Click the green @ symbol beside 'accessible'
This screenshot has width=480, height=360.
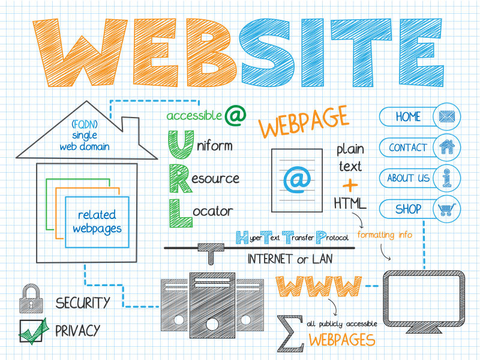pyautogui.click(x=235, y=115)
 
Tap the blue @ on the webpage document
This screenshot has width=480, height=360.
pyautogui.click(x=297, y=180)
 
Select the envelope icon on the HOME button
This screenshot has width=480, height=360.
pyautogui.click(x=447, y=116)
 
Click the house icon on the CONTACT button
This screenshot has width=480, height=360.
pyautogui.click(x=447, y=146)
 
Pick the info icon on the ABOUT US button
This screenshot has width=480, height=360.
pyautogui.click(x=447, y=178)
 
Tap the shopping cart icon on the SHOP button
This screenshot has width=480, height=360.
pyautogui.click(x=447, y=209)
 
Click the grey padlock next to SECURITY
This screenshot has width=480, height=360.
pyautogui.click(x=31, y=298)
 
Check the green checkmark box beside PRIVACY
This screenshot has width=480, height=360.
pyautogui.click(x=33, y=331)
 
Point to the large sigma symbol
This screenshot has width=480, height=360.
pyautogui.click(x=290, y=333)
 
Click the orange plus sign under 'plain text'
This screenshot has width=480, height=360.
pyautogui.click(x=350, y=185)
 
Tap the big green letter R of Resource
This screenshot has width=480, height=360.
pyautogui.click(x=181, y=178)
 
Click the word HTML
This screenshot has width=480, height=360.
pyautogui.click(x=350, y=203)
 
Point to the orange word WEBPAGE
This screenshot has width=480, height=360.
pyautogui.click(x=303, y=122)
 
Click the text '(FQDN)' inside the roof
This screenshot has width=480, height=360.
pyautogui.click(x=85, y=124)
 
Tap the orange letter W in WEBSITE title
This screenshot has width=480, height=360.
pyautogui.click(x=80, y=53)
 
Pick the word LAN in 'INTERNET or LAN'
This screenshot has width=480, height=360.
pyautogui.click(x=322, y=259)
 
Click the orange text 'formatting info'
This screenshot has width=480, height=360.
pyautogui.click(x=385, y=235)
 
